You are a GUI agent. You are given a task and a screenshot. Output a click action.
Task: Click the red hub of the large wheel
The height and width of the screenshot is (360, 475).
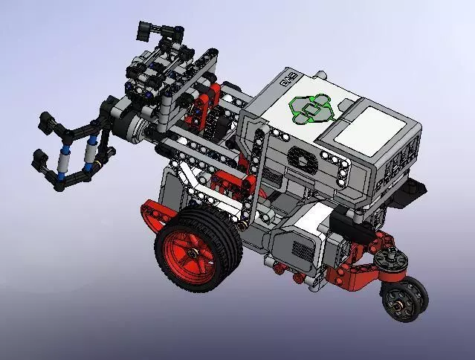point(197,252)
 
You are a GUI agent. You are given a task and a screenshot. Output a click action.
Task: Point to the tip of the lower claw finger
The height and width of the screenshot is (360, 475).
point(36,158)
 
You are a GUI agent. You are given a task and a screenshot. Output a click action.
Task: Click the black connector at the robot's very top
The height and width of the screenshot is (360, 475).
point(158,30)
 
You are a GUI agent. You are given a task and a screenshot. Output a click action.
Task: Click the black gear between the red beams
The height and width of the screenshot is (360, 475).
point(218,123)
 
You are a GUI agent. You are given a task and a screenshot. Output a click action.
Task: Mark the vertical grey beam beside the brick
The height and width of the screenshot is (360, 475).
point(255,171)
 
